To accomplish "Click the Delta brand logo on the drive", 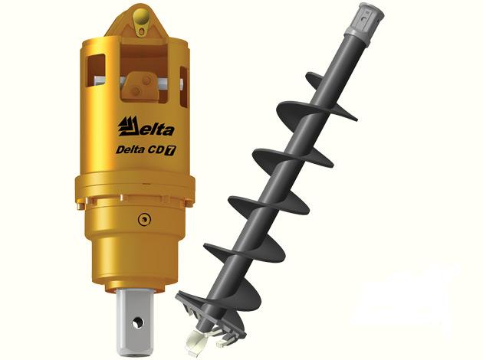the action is tap(146, 127).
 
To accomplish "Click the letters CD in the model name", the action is tap(156, 150).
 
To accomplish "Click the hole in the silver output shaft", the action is tap(137, 322).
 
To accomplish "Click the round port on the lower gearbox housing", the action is tap(144, 219).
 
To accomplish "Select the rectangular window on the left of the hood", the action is tap(97, 70).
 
